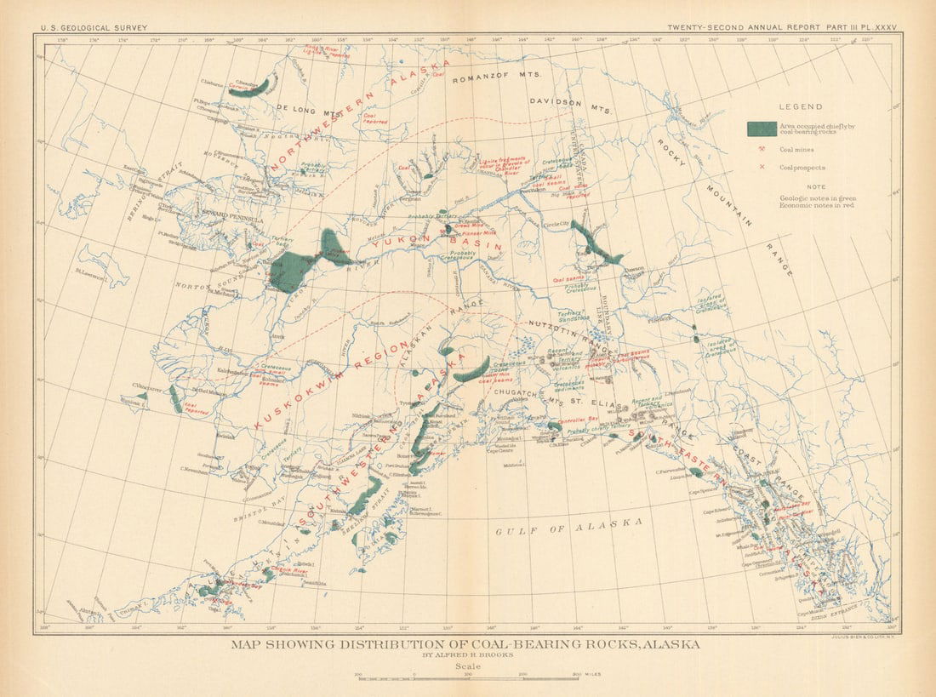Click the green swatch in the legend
tap(761, 129)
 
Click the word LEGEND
tap(801, 107)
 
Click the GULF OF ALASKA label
tap(568, 527)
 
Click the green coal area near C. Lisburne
tap(252, 89)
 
